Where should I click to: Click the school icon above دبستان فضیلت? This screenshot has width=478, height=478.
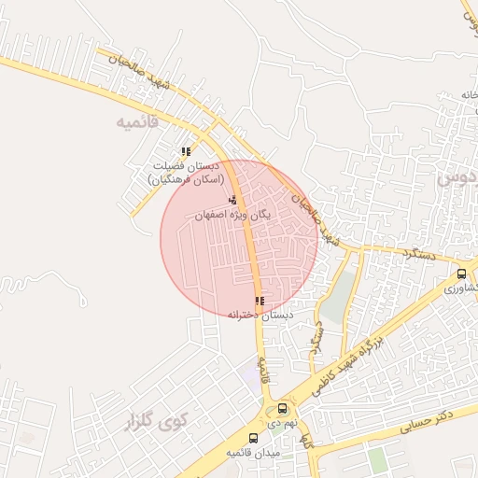tap(186, 150)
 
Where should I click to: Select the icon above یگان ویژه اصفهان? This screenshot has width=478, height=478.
tap(232, 201)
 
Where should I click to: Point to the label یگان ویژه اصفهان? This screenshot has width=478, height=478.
tap(232, 214)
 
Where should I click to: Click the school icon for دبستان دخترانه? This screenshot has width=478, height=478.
tap(260, 301)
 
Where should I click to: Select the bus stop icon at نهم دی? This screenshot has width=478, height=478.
tap(282, 408)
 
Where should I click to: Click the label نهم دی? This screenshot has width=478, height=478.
tap(280, 422)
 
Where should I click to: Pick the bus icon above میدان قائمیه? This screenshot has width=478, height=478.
tap(254, 438)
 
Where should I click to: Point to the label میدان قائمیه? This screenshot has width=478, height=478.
tap(253, 453)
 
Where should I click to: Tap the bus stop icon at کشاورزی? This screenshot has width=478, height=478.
tap(462, 274)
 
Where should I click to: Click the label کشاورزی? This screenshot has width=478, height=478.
tap(462, 288)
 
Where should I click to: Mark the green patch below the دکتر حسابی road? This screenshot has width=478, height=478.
tap(376, 459)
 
